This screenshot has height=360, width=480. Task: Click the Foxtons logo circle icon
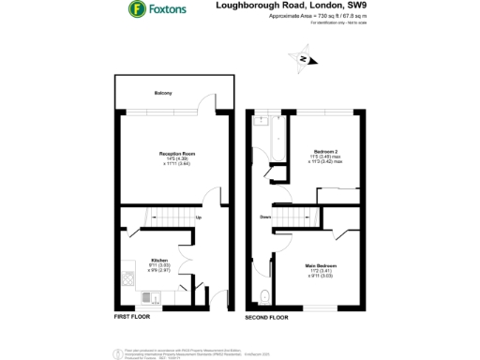click(137, 11)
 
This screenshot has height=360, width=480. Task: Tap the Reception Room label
click(176, 153)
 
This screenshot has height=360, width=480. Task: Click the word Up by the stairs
click(199, 218)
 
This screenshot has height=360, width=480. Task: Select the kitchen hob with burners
click(127, 276)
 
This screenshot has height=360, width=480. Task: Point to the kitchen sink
click(147, 298)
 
